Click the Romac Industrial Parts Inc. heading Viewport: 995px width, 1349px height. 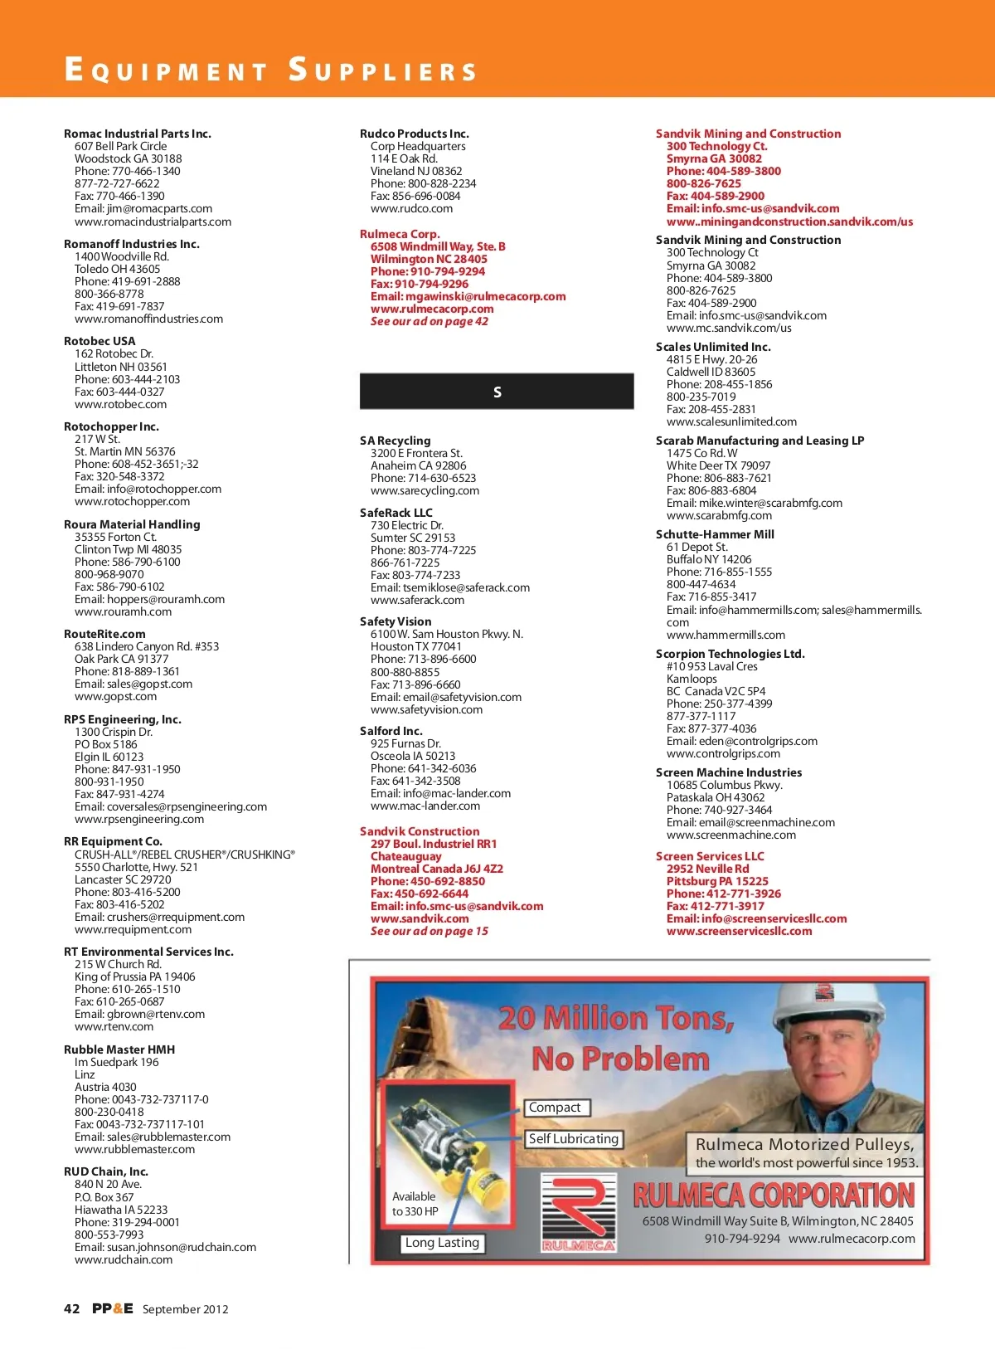coord(138,134)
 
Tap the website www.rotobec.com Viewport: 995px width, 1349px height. coord(120,404)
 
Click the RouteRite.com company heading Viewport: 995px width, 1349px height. coord(104,634)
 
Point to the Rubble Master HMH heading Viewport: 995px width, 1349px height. coord(119,1049)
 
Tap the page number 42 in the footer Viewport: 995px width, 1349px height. coord(72,1308)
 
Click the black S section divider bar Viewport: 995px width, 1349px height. coord(497,392)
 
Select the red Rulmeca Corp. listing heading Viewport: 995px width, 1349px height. coord(400,234)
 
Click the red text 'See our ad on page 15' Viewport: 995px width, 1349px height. coord(430,931)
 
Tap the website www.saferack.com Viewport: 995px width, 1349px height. coord(417,600)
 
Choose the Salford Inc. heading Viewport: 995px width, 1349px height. coord(391,731)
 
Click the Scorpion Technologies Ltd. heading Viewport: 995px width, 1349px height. coord(730,654)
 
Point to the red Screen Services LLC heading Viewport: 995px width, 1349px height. coord(710,856)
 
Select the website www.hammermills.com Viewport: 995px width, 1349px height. coord(726,635)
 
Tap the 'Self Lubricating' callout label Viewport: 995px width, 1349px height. coord(574,1139)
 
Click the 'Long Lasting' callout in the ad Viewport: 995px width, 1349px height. coord(442,1243)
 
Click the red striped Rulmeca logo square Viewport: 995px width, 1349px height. coord(578,1212)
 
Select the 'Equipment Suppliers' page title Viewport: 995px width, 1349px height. coord(271,70)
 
